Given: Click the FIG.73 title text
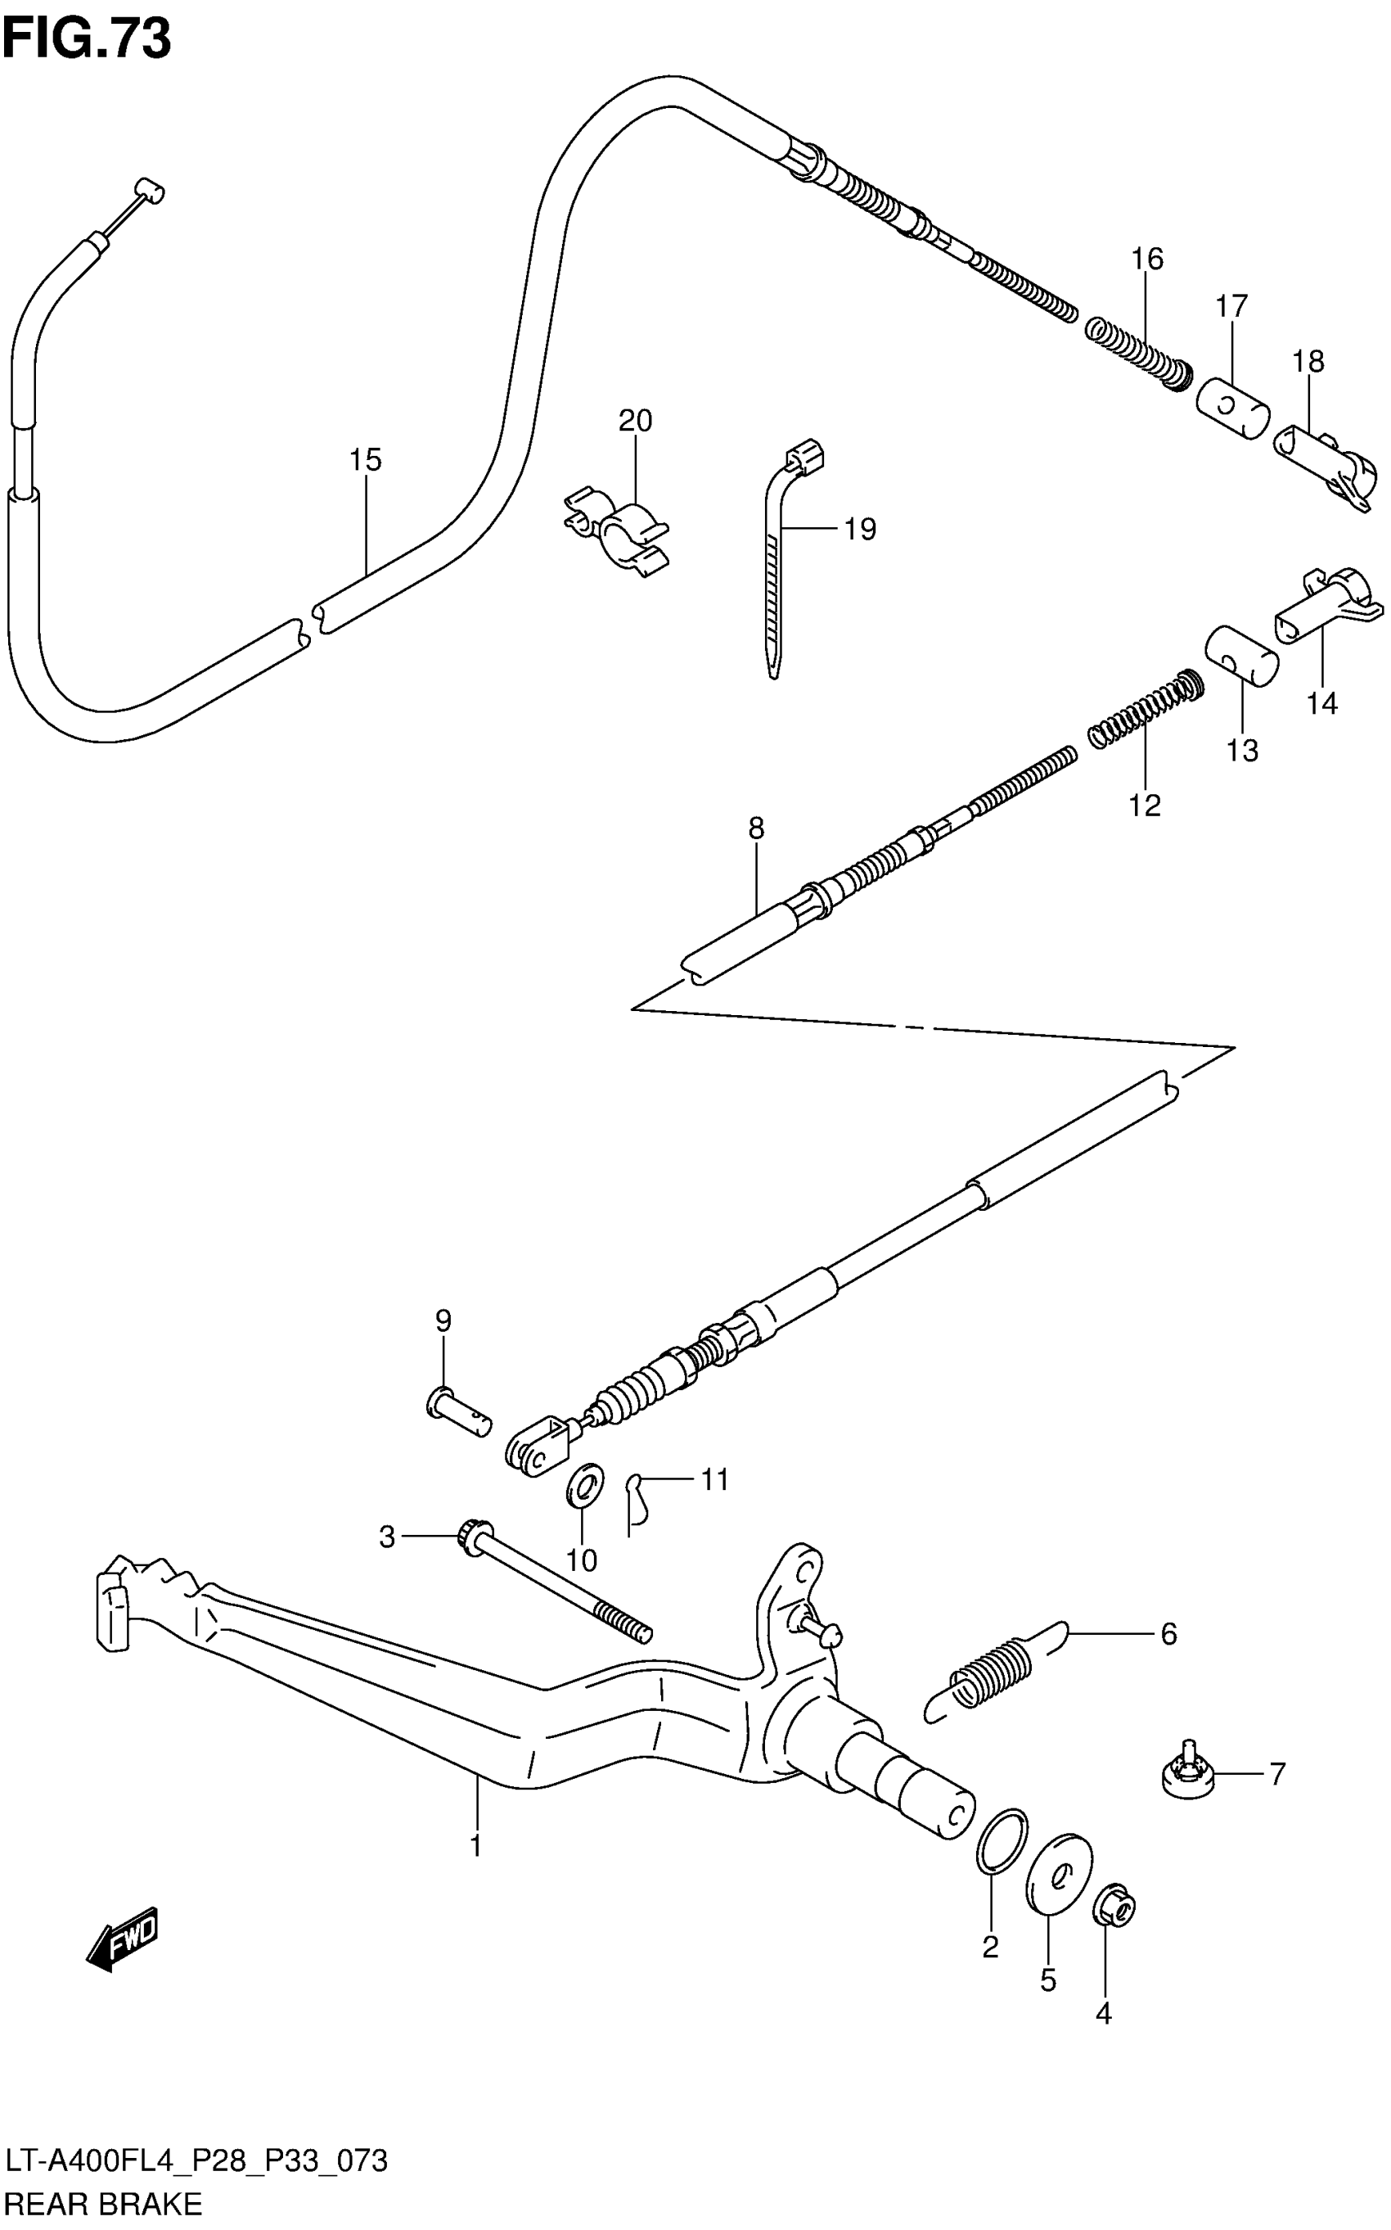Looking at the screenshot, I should pos(87,38).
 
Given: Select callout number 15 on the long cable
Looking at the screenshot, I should pos(365,459).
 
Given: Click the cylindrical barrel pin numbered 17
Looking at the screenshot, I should pos(1233,406).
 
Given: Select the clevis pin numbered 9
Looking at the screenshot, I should pos(458,1416).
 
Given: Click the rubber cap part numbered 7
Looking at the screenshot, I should pos(1189,1772).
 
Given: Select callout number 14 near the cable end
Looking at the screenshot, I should pos(1321,703).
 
